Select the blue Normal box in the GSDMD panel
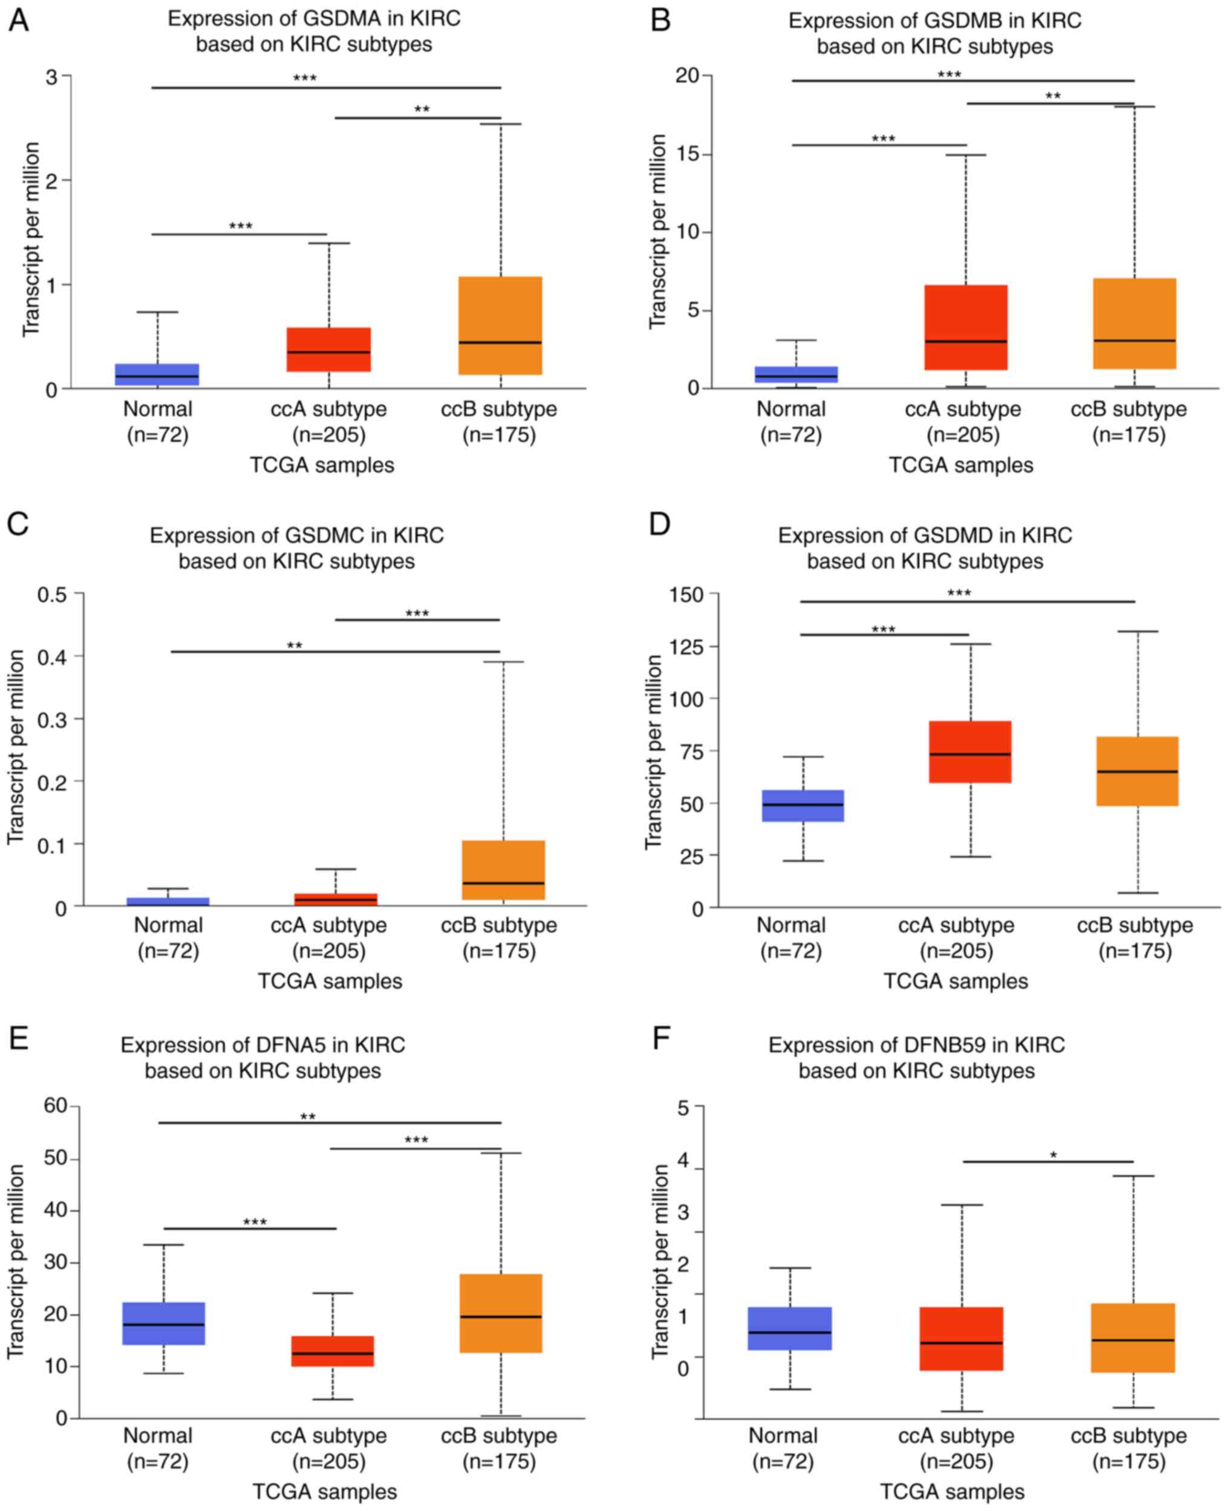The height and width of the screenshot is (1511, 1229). [x=803, y=806]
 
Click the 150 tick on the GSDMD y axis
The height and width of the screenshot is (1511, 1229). [x=685, y=594]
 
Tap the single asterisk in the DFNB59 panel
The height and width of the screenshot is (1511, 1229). [x=1053, y=1157]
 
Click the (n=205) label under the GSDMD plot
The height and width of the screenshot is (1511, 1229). [x=956, y=951]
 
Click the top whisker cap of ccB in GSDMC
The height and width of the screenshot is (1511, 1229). [x=503, y=662]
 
